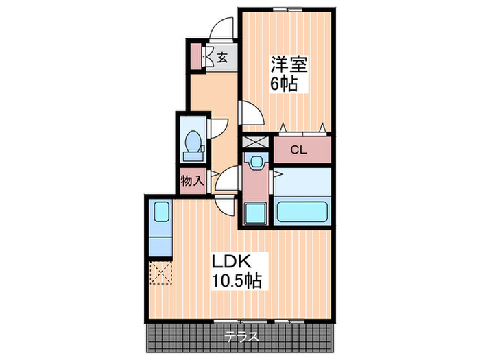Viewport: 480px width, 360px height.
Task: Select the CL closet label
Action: pyautogui.click(x=298, y=149)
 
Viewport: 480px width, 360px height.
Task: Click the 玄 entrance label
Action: pyautogui.click(x=223, y=58)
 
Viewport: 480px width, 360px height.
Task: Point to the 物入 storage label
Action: pyautogui.click(x=192, y=181)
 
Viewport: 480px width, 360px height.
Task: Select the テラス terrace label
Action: pyautogui.click(x=242, y=337)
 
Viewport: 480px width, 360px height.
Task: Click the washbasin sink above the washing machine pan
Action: pyautogui.click(x=256, y=163)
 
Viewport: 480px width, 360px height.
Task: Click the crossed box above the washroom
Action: pyautogui.click(x=255, y=143)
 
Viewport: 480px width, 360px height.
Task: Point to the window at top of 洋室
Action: pyautogui.click(x=286, y=9)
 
